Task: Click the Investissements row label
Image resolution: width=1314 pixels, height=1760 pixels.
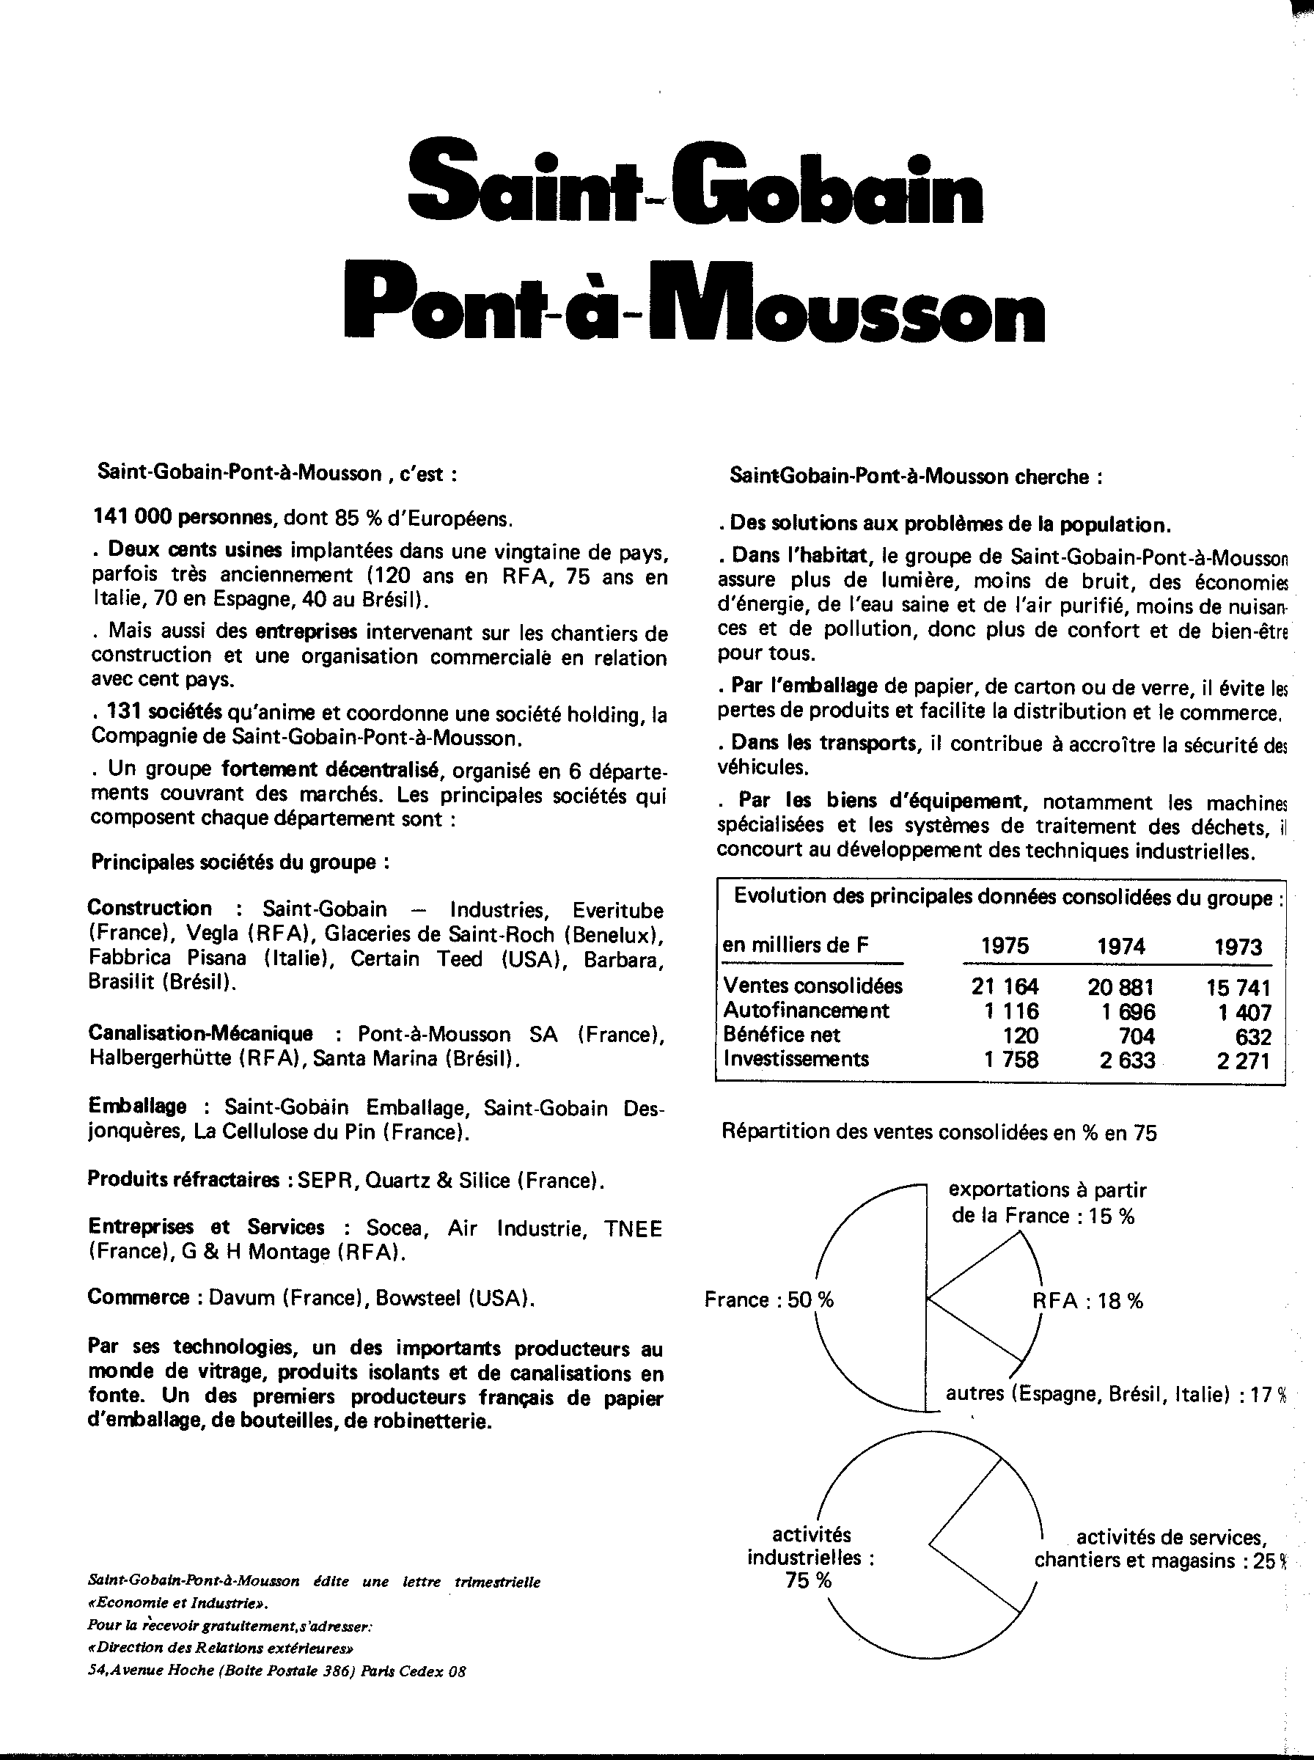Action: click(796, 1060)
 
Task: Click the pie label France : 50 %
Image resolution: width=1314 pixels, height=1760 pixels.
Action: click(768, 1299)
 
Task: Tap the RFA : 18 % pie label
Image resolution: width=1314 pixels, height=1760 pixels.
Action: click(1087, 1300)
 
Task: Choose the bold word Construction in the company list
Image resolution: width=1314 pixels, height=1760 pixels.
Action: click(150, 908)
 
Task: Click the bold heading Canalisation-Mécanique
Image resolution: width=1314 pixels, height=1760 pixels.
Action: click(200, 1033)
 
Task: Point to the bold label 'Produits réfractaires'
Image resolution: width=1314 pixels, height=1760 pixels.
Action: click(183, 1179)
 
